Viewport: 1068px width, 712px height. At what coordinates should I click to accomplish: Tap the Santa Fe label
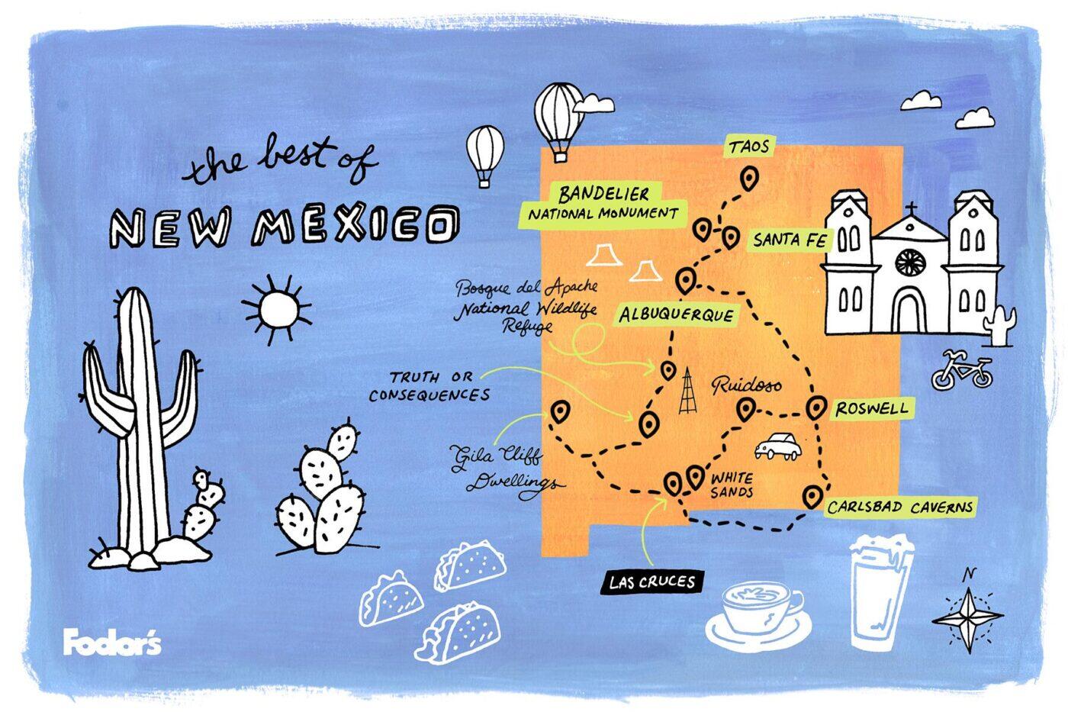[790, 240]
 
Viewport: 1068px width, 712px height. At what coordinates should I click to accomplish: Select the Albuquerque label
[676, 314]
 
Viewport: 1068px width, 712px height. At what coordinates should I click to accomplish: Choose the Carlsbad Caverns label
[899, 507]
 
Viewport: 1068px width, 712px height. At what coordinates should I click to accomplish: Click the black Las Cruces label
[651, 582]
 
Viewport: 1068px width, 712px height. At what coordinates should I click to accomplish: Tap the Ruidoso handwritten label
[747, 385]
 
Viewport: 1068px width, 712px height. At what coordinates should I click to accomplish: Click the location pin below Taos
[750, 179]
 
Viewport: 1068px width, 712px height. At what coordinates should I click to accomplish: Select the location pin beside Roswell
[817, 408]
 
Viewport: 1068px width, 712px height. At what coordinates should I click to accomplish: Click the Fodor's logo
[112, 643]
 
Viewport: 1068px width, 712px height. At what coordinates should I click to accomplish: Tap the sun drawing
[276, 309]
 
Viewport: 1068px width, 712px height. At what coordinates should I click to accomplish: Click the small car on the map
[778, 446]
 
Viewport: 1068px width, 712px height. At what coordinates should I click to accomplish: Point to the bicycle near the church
[962, 371]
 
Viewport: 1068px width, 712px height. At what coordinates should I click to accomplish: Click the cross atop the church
[910, 208]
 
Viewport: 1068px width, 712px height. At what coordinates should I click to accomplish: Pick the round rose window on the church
[910, 262]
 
